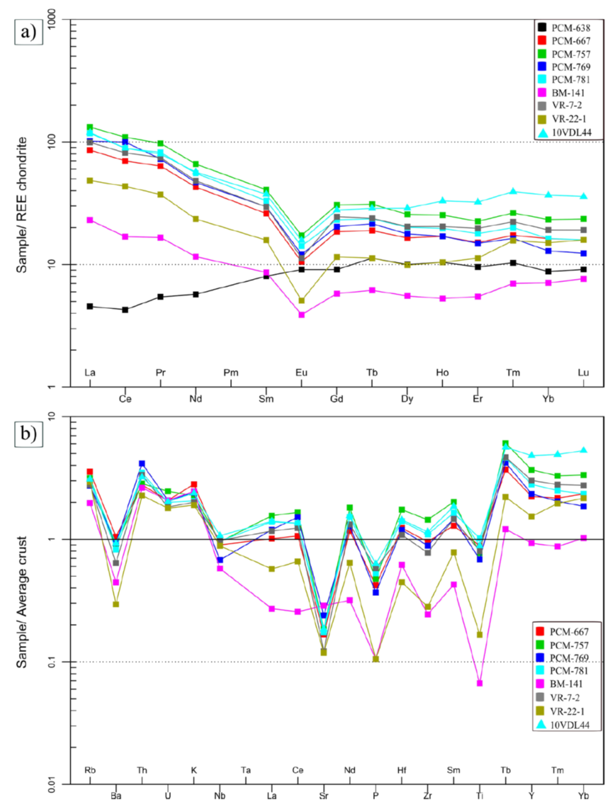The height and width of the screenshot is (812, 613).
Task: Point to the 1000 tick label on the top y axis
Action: (x=52, y=20)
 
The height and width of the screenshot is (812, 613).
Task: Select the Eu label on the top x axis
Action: (x=302, y=372)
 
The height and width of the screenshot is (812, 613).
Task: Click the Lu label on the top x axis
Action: (x=584, y=372)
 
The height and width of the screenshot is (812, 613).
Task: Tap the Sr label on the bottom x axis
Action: (x=324, y=796)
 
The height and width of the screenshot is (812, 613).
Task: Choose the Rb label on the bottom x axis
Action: (x=90, y=770)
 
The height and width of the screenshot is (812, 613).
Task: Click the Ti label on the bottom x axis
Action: (x=480, y=796)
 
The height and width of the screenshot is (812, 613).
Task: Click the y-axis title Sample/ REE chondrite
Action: (x=22, y=205)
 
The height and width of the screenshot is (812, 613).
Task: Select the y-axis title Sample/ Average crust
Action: (x=22, y=602)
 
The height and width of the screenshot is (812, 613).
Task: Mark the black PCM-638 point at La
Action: (x=90, y=306)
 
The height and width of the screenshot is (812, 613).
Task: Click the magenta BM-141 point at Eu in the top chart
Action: (x=302, y=314)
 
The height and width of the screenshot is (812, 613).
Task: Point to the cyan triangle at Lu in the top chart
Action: (x=584, y=196)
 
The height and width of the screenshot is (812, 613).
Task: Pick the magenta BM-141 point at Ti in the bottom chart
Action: (x=480, y=683)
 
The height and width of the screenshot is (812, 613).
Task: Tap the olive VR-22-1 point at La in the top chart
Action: (x=90, y=181)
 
